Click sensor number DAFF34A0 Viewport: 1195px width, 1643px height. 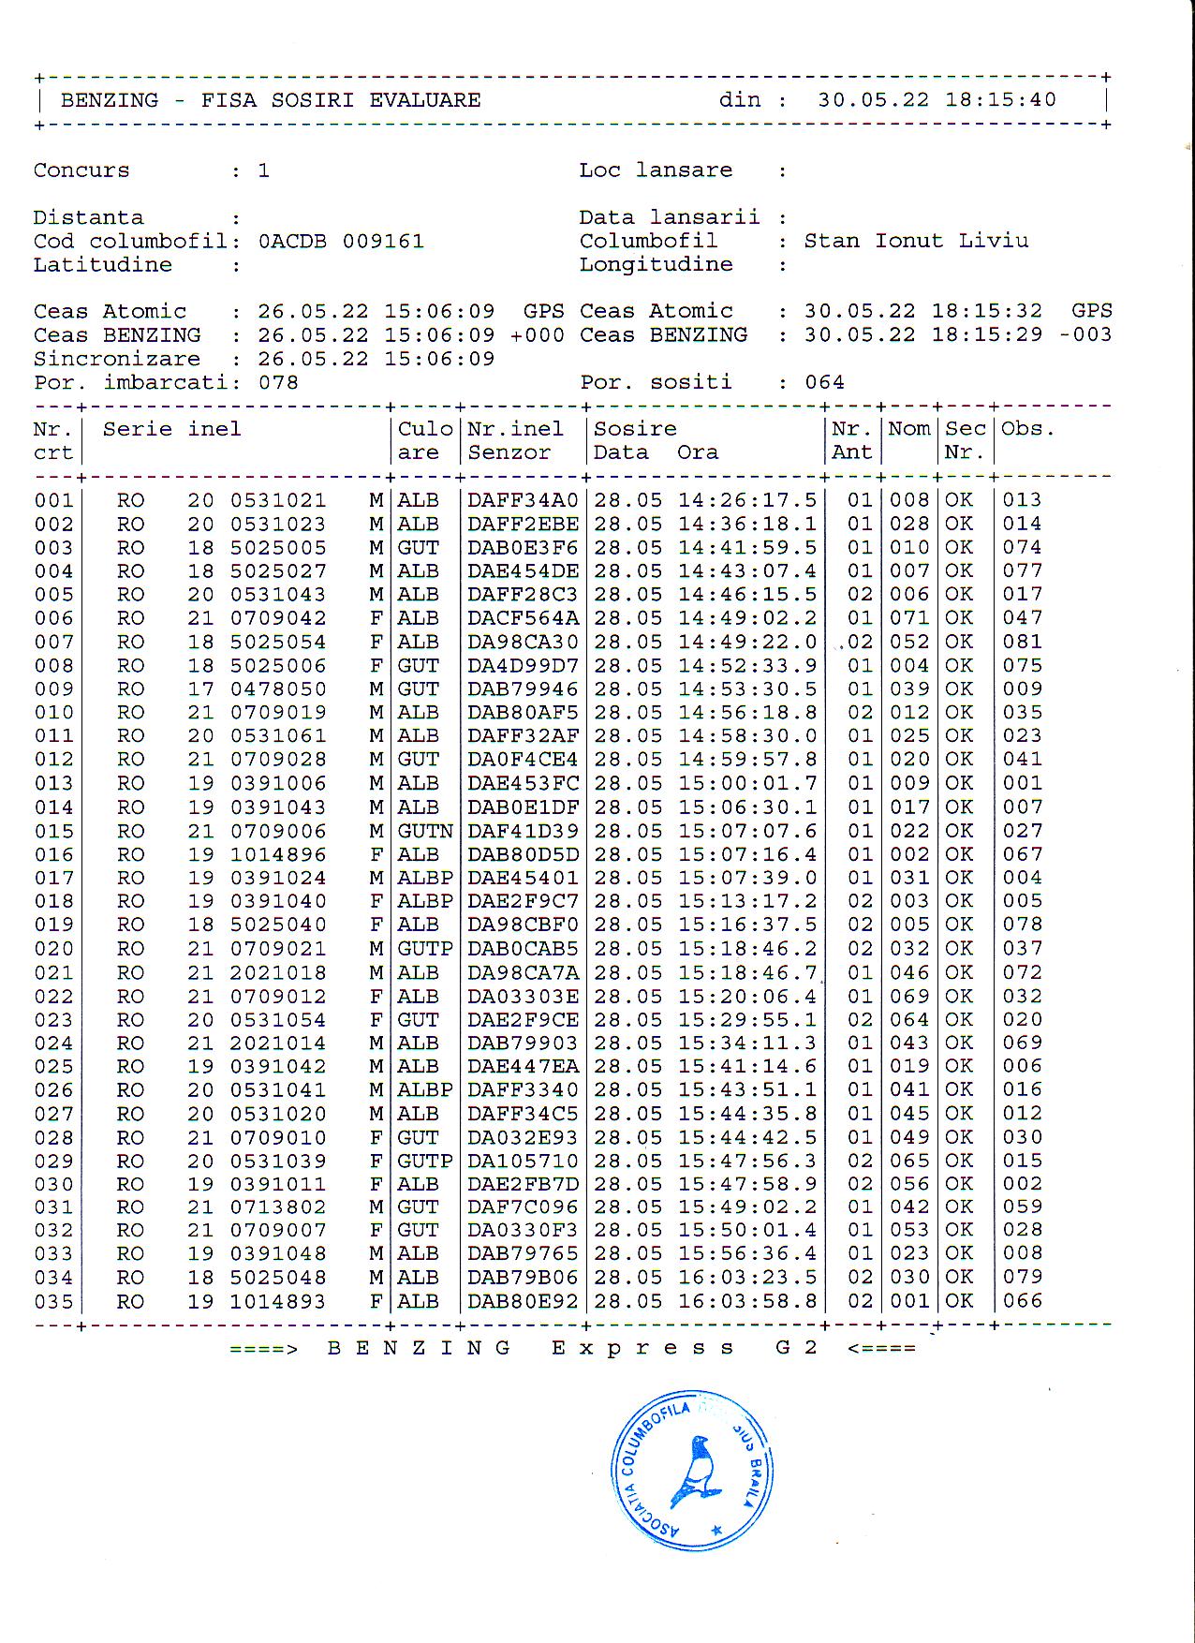(523, 500)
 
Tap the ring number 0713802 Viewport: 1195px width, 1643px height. (278, 1207)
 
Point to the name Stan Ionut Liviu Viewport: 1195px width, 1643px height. (916, 241)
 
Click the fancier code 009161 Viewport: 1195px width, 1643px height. (382, 242)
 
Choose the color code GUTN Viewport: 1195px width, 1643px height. (425, 831)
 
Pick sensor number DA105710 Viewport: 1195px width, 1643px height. (523, 1161)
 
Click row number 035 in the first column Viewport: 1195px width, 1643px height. (53, 1301)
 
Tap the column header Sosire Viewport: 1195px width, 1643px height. (635, 429)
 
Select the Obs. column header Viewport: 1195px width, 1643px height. (1027, 429)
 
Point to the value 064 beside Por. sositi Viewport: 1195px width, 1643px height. (824, 382)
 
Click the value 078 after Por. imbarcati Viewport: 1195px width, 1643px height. (278, 382)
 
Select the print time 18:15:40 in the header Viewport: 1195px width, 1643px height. (1000, 100)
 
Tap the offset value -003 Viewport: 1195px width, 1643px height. (1086, 335)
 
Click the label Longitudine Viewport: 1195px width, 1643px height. (656, 264)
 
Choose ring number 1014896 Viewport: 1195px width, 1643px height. (278, 854)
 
